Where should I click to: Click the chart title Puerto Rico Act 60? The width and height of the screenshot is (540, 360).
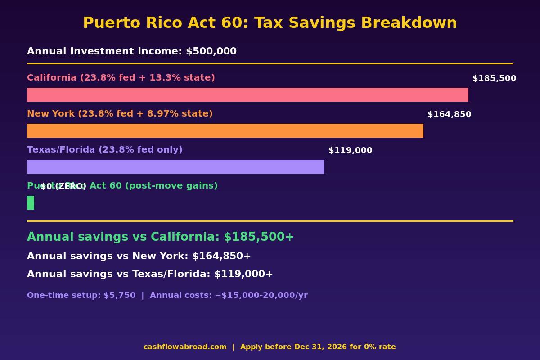(x=270, y=23)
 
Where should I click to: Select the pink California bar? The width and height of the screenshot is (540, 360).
(x=247, y=94)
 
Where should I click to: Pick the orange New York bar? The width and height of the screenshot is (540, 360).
(x=225, y=130)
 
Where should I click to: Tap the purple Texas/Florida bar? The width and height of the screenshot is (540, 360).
(x=175, y=166)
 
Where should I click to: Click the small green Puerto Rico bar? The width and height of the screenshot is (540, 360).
(x=31, y=202)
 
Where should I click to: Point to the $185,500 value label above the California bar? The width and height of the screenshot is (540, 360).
(x=494, y=79)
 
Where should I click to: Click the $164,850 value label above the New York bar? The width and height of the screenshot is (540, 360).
(x=449, y=115)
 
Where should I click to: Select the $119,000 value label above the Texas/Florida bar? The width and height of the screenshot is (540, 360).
(x=350, y=151)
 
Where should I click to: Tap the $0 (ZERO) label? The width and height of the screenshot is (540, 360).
(x=63, y=187)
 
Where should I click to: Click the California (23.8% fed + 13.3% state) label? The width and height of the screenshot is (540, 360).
(x=121, y=78)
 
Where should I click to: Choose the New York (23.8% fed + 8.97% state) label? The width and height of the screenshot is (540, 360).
(x=120, y=114)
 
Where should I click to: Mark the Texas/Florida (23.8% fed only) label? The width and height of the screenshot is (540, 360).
(x=104, y=150)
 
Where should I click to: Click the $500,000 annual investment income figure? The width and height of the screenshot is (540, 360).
(x=211, y=52)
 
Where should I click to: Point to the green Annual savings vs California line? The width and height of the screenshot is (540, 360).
(x=160, y=237)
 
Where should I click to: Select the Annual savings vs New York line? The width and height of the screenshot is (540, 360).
(x=139, y=256)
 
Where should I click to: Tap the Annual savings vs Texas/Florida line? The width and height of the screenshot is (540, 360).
(x=150, y=274)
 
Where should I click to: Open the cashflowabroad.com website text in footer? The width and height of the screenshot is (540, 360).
(x=185, y=347)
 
